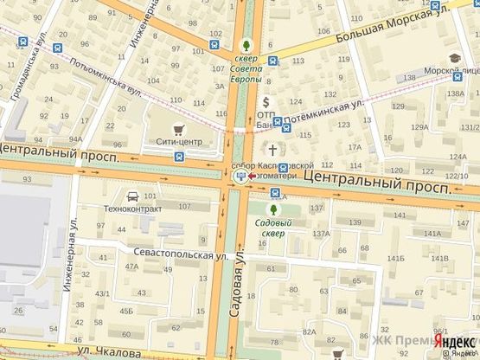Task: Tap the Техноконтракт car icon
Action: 131,196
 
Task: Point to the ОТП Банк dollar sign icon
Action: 266,102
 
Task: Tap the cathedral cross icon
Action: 278,148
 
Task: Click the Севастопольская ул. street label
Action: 179,254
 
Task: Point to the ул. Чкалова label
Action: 106,353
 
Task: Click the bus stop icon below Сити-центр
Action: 178,157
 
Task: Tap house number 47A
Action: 131,267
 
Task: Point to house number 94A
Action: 76,138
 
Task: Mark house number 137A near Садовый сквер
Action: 322,234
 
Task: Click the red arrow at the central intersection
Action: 252,177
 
